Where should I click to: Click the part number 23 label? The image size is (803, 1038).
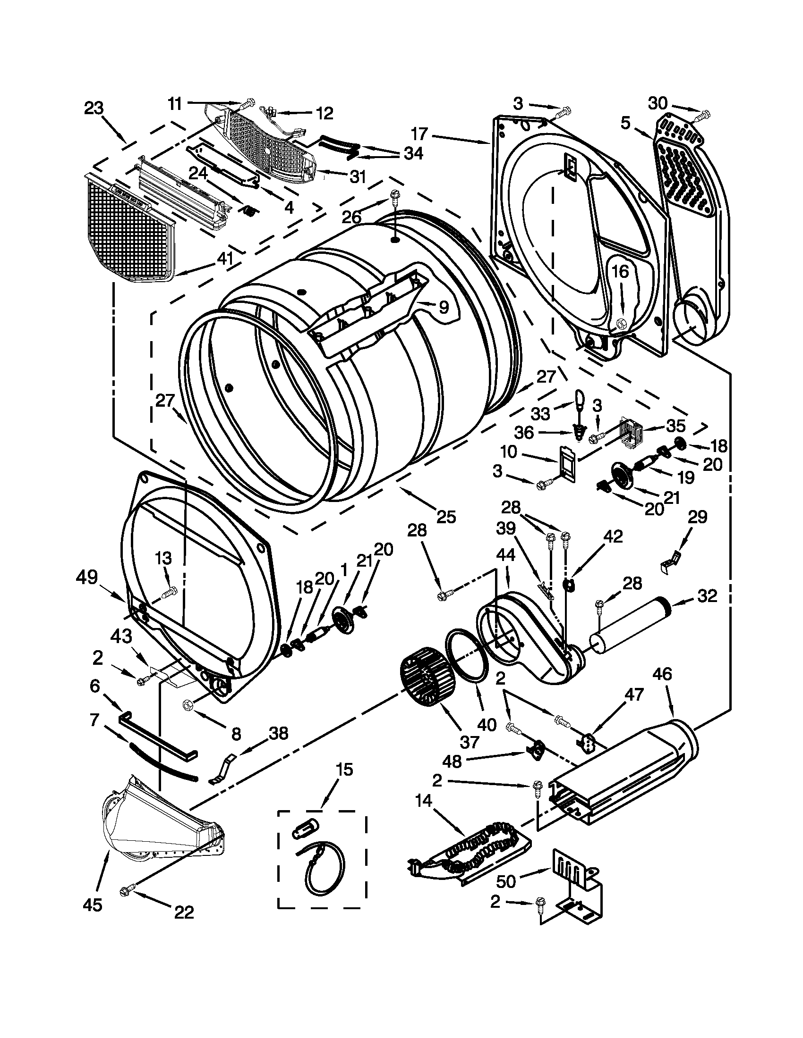click(94, 109)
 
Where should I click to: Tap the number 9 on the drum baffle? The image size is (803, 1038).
click(443, 308)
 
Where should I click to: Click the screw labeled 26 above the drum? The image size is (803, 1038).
click(394, 196)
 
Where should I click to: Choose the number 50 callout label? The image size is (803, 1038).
click(506, 882)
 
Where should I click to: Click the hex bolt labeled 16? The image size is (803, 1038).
click(621, 324)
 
